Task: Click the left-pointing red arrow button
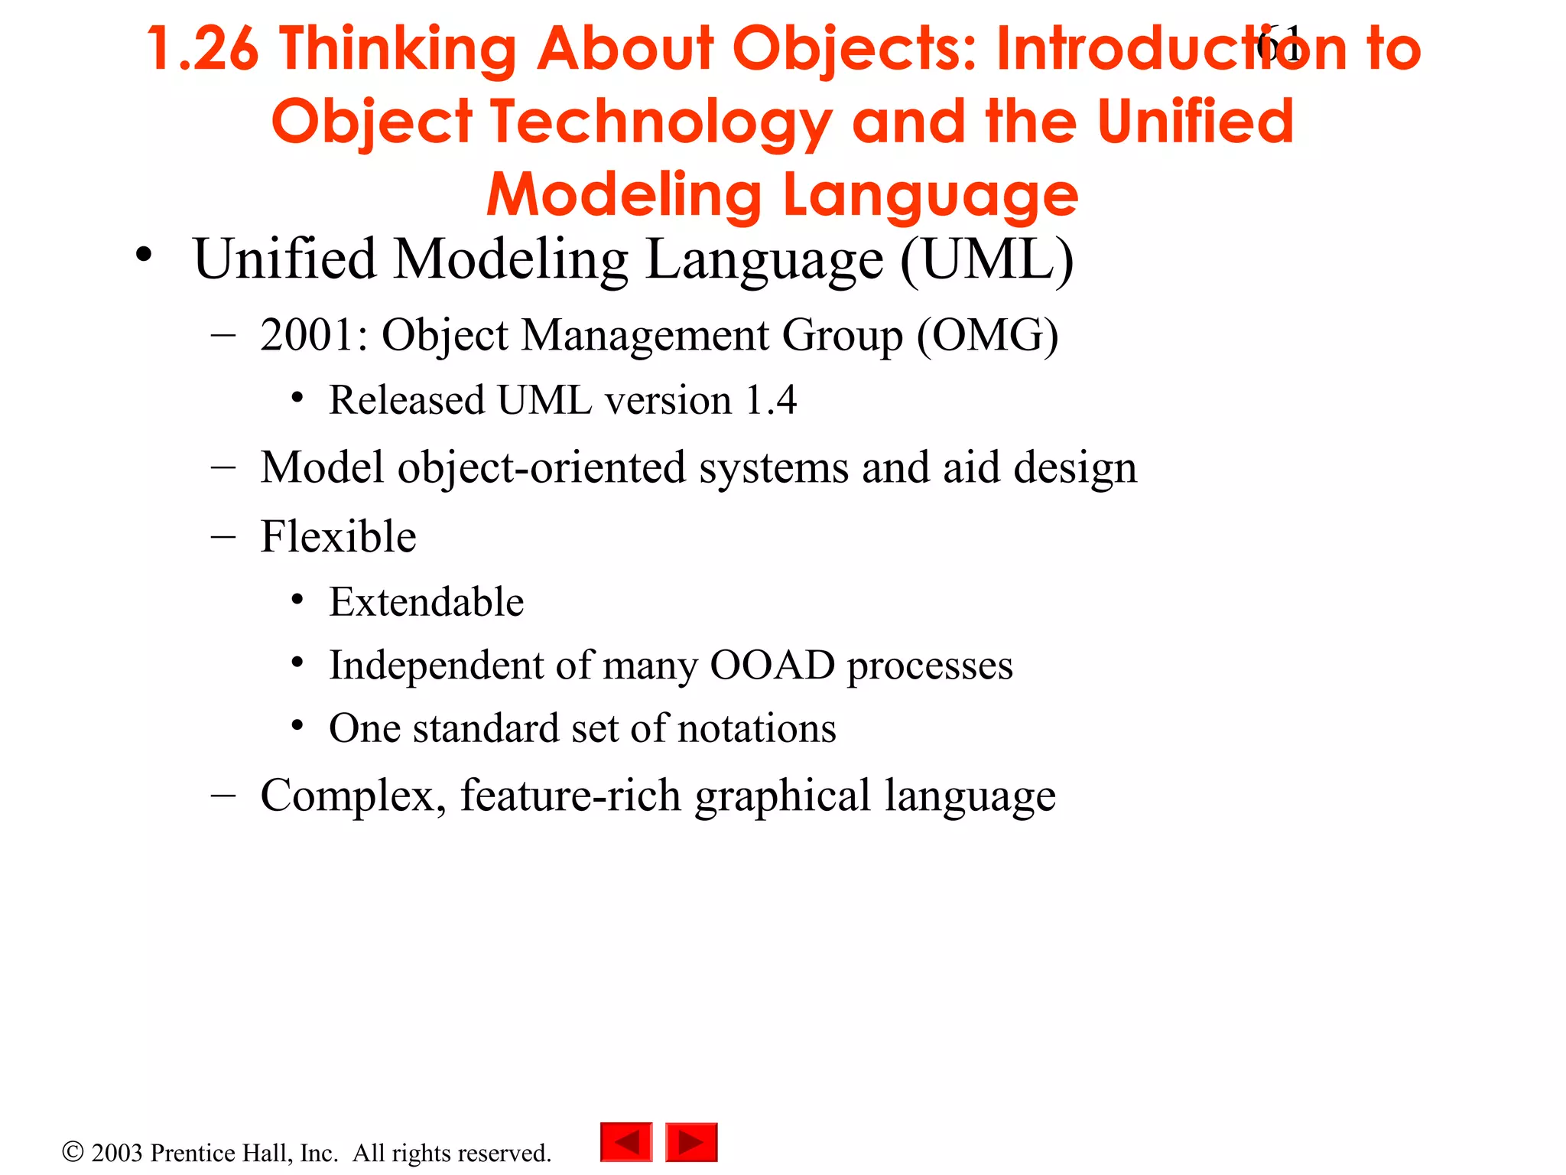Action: point(626,1142)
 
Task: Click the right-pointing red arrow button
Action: point(691,1142)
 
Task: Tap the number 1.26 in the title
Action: point(203,49)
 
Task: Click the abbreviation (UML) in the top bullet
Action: point(987,260)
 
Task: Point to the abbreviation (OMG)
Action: point(987,335)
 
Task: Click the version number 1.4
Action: point(771,400)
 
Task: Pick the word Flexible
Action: point(338,536)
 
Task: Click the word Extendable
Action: point(426,602)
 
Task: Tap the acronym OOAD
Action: point(772,665)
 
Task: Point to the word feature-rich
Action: point(570,796)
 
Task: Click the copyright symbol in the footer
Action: point(73,1152)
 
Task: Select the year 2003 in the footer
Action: point(117,1153)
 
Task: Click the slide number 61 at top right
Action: point(1278,44)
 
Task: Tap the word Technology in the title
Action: point(661,122)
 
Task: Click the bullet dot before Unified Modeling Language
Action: point(144,256)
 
